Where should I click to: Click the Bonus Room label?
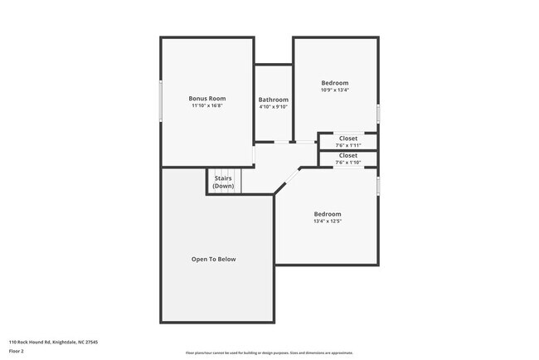coord(206,98)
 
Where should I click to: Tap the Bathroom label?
coord(273,100)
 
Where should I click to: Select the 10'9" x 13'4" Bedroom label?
coord(335,83)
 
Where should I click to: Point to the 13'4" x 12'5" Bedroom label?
coord(327,214)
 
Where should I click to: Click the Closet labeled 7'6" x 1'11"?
coord(348,138)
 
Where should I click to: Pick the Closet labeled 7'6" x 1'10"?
coord(348,155)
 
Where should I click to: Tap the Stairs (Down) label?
coord(223,182)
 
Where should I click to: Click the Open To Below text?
coord(214,259)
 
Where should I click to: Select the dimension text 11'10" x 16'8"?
coord(206,106)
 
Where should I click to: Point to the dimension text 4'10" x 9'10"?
coord(273,107)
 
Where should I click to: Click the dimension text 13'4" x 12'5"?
coord(327,221)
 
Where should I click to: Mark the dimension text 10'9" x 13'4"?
coord(335,90)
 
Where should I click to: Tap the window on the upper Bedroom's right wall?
coord(378,113)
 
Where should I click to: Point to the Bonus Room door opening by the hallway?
coord(254,155)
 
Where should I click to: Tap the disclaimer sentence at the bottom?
coord(269,353)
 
